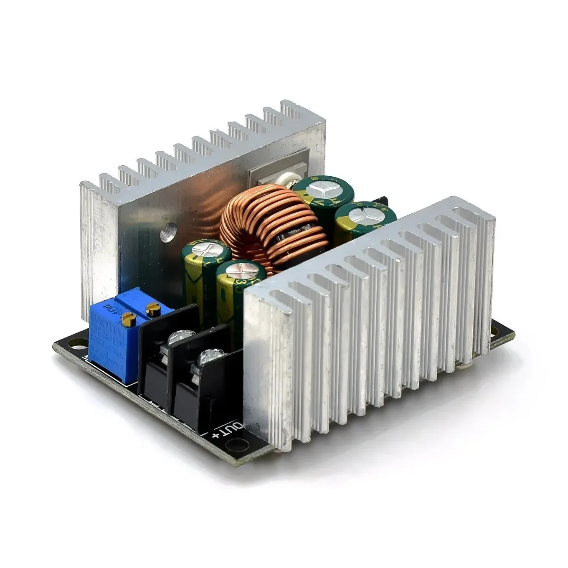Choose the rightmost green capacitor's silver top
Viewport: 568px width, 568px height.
pos(359,216)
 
